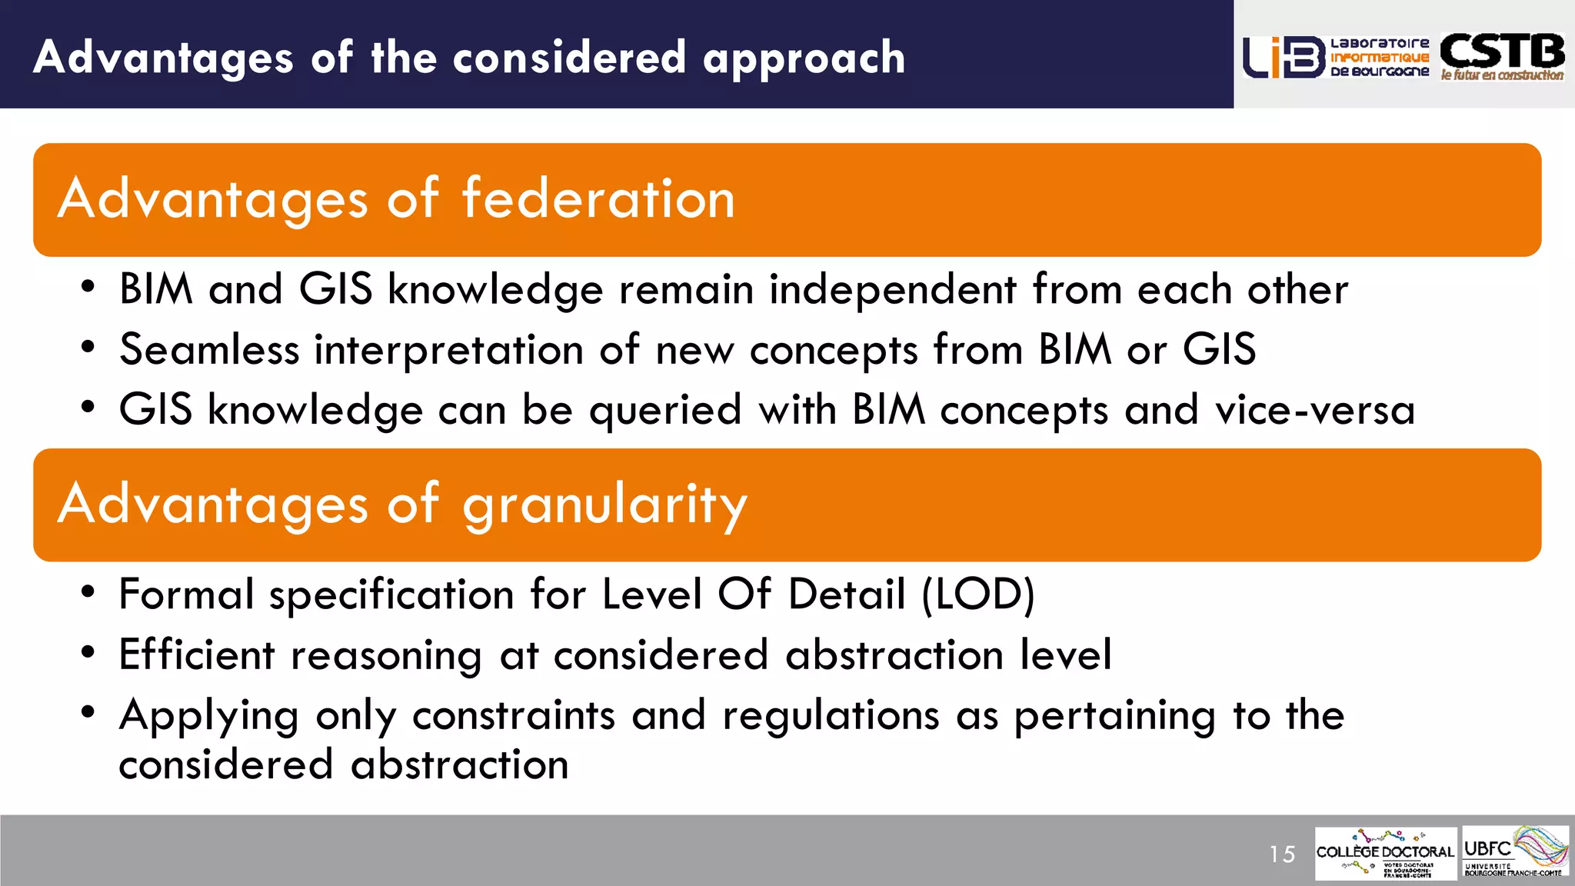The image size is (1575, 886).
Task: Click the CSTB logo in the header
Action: [x=1502, y=56]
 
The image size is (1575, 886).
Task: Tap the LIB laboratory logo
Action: [x=1336, y=57]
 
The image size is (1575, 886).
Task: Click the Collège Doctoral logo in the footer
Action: [x=1385, y=853]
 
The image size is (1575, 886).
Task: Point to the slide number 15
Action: [x=1282, y=854]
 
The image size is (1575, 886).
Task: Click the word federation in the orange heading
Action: [x=598, y=199]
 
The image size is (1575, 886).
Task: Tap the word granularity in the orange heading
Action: [x=604, y=505]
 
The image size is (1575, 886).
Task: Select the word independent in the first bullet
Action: [x=893, y=290]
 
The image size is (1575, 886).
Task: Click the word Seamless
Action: [x=209, y=350]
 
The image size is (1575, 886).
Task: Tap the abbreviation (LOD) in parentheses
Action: [x=978, y=595]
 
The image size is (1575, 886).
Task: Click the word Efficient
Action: [x=197, y=655]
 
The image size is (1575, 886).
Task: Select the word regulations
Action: [x=831, y=715]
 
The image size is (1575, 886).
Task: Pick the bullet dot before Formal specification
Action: [x=88, y=592]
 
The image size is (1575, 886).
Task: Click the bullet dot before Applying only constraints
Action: [x=88, y=712]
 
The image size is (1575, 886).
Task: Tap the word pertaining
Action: [x=1115, y=715]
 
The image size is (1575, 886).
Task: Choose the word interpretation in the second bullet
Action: [x=449, y=350]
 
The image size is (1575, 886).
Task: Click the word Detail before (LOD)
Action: [x=847, y=595]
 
